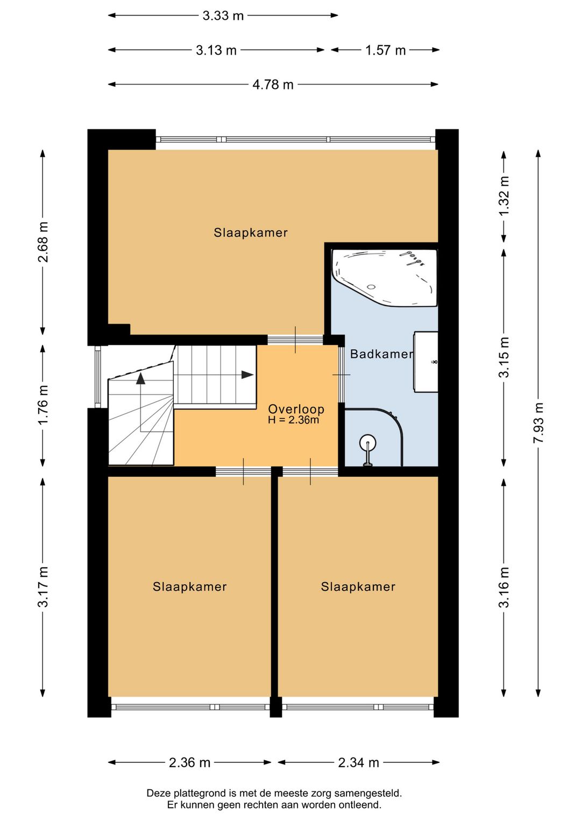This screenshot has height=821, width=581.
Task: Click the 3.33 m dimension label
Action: (223, 16)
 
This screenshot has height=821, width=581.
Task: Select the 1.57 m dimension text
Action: (385, 50)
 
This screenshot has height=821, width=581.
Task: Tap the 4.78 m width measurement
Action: (273, 84)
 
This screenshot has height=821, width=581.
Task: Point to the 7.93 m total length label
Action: (538, 422)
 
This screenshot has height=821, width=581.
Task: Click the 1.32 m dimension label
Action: (505, 196)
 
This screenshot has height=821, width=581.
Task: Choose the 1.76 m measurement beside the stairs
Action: (43, 405)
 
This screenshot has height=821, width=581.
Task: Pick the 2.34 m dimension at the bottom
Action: (358, 763)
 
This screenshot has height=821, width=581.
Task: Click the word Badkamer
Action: (381, 353)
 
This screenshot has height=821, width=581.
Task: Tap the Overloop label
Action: (296, 409)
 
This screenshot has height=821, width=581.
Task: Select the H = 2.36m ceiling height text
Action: (293, 420)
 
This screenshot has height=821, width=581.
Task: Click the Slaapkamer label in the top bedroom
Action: (251, 232)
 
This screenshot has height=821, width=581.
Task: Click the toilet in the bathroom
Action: (367, 450)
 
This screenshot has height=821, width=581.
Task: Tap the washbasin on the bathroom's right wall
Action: (426, 362)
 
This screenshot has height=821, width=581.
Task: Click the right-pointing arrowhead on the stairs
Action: (247, 374)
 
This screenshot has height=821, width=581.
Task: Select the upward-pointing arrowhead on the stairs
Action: (140, 379)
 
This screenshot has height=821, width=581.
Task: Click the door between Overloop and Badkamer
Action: (341, 374)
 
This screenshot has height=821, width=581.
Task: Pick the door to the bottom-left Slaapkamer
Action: (243, 471)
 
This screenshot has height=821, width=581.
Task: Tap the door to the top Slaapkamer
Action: (295, 339)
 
